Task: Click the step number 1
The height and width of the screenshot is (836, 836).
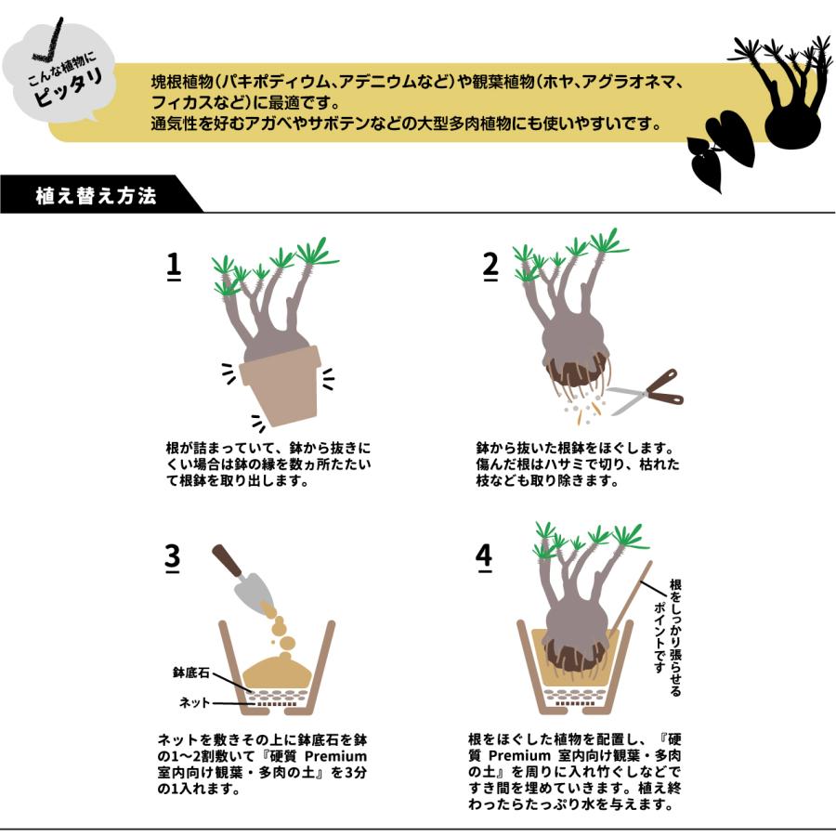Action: click(174, 265)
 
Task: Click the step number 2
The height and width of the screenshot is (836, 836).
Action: click(490, 265)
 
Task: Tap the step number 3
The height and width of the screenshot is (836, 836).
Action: click(173, 556)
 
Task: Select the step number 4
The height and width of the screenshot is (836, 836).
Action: click(483, 556)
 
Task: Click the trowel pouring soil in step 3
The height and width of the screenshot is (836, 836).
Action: click(243, 576)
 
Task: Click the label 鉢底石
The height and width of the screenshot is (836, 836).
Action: click(190, 671)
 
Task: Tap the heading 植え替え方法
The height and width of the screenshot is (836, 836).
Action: click(95, 196)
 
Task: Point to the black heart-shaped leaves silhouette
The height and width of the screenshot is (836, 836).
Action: click(720, 149)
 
